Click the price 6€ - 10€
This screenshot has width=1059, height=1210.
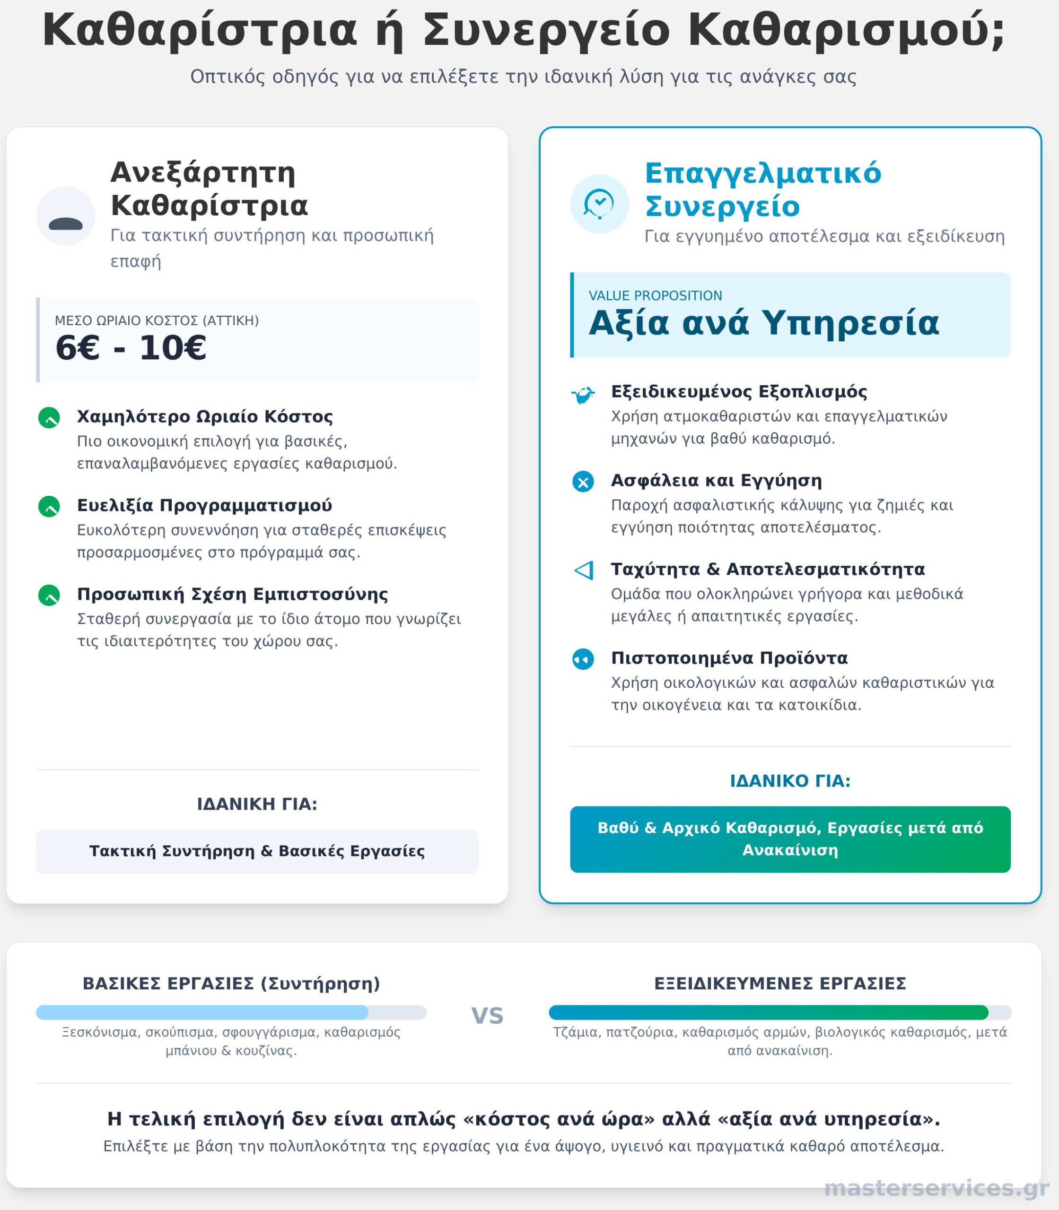coord(131,348)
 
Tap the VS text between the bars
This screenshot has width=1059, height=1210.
coord(487,1016)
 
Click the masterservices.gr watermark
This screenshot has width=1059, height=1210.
coord(936,1188)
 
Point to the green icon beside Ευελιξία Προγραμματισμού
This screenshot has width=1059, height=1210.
coord(49,507)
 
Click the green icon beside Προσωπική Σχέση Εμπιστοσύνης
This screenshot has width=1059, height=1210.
coord(49,595)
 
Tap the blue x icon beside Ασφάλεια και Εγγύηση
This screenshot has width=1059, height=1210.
coord(583,482)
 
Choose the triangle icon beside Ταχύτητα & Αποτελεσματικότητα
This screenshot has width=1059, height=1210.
coord(583,570)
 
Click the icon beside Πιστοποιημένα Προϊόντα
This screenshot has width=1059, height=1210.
coord(583,659)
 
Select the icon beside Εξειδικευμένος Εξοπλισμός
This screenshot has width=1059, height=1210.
coord(583,394)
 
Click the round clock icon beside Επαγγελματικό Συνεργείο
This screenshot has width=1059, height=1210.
coord(599,204)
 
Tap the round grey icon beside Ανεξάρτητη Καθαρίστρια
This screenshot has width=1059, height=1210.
coord(66,216)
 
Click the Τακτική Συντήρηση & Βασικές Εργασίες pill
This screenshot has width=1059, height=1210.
coord(257,851)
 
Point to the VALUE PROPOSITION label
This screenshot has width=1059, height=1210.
coord(655,296)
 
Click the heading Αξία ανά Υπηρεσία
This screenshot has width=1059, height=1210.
coord(763,323)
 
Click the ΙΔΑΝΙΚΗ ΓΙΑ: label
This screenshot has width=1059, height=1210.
coord(257,804)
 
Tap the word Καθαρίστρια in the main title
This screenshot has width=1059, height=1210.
coord(200,31)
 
